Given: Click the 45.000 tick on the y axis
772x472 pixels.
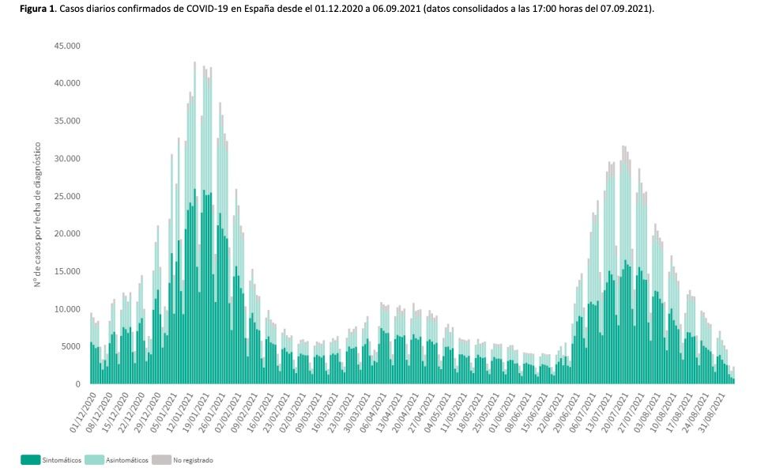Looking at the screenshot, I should click(x=67, y=46).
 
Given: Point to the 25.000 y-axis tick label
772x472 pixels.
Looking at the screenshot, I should click(x=67, y=196).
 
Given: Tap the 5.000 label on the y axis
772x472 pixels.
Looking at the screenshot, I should click(x=70, y=346).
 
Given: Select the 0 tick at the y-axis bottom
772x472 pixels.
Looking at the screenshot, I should click(x=77, y=384).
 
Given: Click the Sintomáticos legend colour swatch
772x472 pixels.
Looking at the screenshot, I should click(x=31, y=459).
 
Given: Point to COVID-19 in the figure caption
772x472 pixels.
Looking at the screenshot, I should click(x=213, y=9).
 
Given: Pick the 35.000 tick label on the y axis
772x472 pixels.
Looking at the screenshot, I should click(x=67, y=121).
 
